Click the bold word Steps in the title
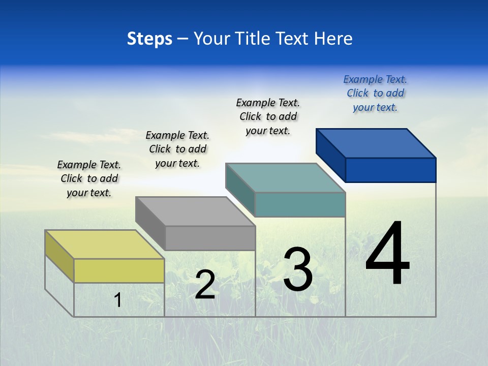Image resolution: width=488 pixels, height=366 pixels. [x=149, y=39]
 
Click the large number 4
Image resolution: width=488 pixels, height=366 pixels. [x=387, y=254]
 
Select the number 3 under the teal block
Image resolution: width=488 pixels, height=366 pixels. [x=297, y=269]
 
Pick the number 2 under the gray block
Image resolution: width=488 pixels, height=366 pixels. [x=205, y=285]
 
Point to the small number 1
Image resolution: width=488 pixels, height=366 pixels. [x=118, y=300]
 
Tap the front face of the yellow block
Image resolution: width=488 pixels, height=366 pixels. [x=119, y=270]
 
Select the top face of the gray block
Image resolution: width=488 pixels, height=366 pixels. [x=195, y=211]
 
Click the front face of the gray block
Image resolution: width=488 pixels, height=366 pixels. [x=210, y=238]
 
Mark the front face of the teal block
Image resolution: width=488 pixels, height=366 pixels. [x=300, y=204]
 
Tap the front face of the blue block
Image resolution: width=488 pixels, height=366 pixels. [x=390, y=170]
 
